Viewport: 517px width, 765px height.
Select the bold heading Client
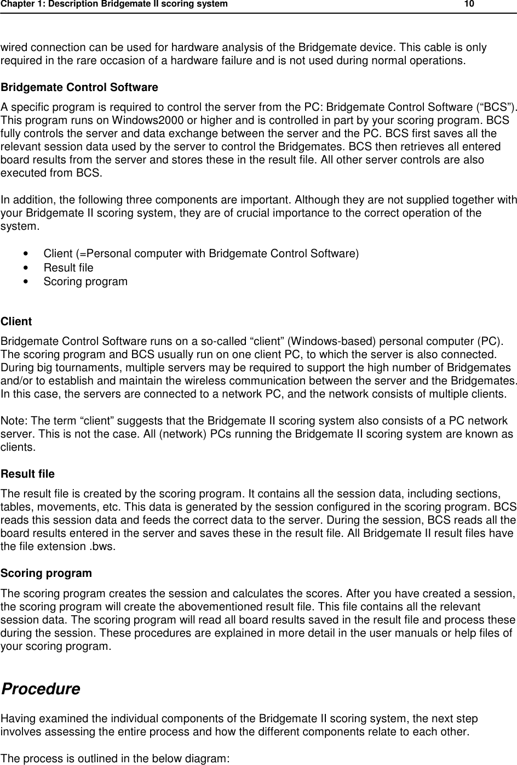point(16,321)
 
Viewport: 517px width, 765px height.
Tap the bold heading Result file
point(28,473)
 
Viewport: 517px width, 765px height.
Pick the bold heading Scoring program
point(47,573)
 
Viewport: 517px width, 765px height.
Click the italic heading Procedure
point(41,689)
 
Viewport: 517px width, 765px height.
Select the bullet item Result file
point(68,268)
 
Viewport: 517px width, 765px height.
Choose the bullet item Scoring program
point(85,281)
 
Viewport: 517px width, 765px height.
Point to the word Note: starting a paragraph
point(15,421)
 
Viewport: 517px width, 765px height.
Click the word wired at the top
point(14,47)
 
